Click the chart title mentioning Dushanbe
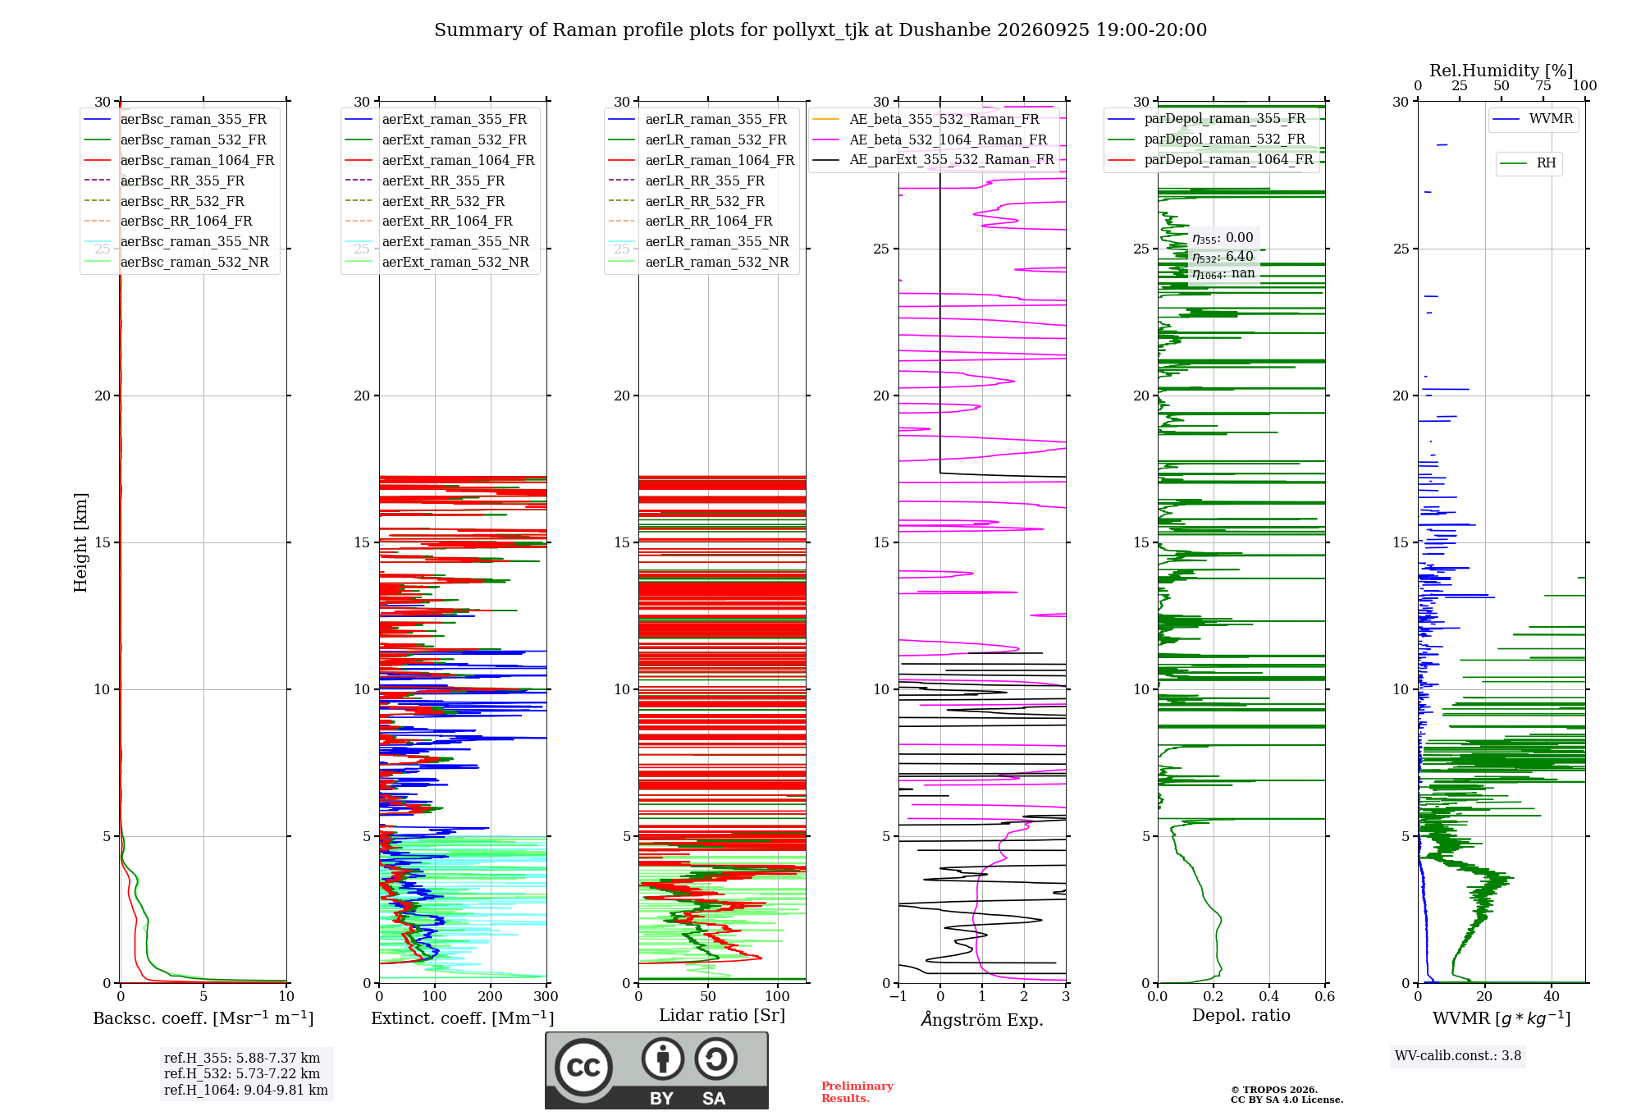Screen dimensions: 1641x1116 pyautogui.click(x=820, y=30)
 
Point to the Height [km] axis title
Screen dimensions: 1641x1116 pyautogui.click(x=80, y=542)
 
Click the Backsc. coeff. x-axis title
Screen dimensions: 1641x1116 pyautogui.click(x=203, y=1018)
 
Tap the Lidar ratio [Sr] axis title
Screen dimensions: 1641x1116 pyautogui.click(x=722, y=1016)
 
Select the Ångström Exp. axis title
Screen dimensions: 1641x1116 pyautogui.click(x=982, y=1019)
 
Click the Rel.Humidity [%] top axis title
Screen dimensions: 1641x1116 pyautogui.click(x=1502, y=71)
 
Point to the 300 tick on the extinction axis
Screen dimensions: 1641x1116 pyautogui.click(x=546, y=997)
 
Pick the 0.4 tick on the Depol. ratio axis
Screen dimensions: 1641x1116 pyautogui.click(x=1269, y=997)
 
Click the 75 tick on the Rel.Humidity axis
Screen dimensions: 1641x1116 pyautogui.click(x=1543, y=86)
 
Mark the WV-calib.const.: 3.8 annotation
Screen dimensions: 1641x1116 pyautogui.click(x=1458, y=1056)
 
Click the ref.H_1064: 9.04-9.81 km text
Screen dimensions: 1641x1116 pyautogui.click(x=246, y=1091)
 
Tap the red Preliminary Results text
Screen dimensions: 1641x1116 pyautogui.click(x=857, y=1092)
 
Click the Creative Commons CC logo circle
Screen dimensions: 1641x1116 pyautogui.click(x=583, y=1068)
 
